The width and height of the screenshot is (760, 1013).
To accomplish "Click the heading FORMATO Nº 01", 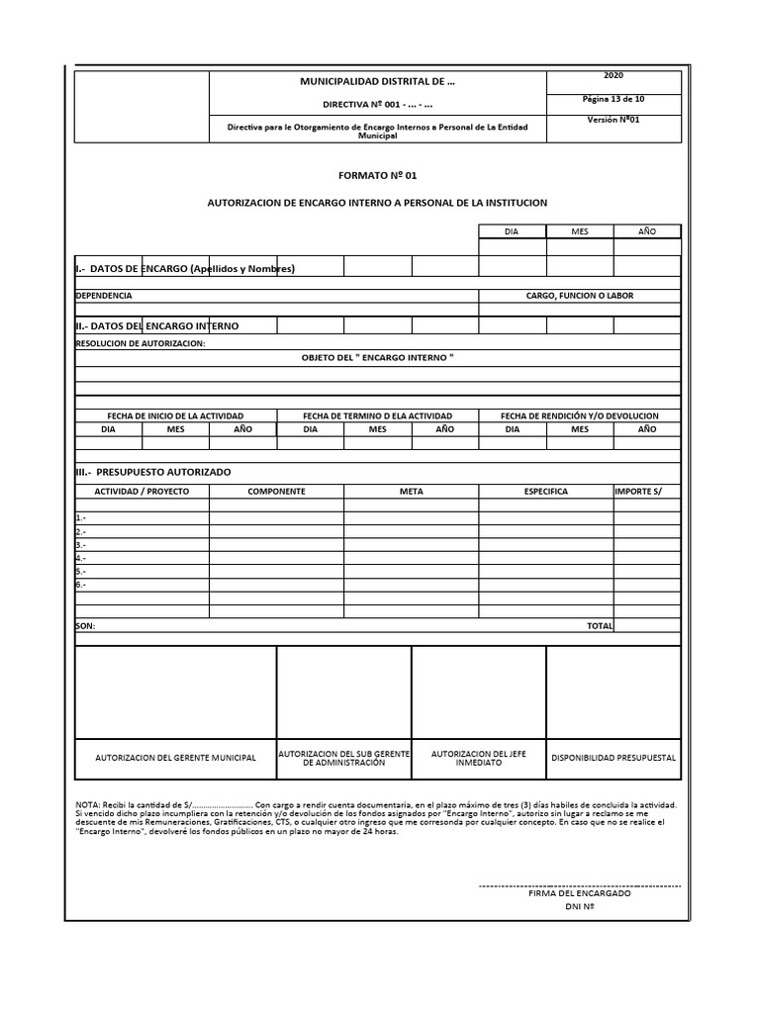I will click(378, 175).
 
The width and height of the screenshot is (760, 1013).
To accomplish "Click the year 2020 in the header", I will click(614, 76).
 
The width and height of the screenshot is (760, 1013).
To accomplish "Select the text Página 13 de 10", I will click(614, 99).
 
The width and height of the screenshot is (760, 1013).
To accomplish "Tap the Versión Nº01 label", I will click(614, 120).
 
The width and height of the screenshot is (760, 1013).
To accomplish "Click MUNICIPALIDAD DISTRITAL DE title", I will click(378, 81).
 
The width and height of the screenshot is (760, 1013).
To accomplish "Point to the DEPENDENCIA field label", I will click(104, 296).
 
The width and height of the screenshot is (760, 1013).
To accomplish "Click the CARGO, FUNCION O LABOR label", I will click(580, 296).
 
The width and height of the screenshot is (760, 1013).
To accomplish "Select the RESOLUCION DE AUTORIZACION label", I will click(141, 342).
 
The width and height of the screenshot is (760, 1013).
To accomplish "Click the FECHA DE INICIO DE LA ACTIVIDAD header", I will click(175, 415).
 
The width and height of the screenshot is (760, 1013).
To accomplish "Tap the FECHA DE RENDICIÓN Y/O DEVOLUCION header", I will click(580, 415).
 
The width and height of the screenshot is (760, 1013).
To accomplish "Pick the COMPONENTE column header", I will click(276, 491).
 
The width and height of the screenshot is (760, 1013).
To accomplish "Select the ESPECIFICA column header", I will click(545, 491).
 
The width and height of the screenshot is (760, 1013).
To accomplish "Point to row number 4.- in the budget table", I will click(81, 558).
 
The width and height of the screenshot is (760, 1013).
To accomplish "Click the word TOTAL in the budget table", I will click(599, 626).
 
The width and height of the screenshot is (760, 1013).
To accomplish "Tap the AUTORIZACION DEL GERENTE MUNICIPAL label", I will click(175, 757).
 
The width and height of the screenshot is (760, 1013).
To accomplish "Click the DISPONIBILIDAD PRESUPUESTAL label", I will click(613, 757).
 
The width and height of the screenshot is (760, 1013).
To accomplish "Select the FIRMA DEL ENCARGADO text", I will click(580, 893).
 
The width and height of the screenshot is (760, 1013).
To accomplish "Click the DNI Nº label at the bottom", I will click(580, 906).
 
